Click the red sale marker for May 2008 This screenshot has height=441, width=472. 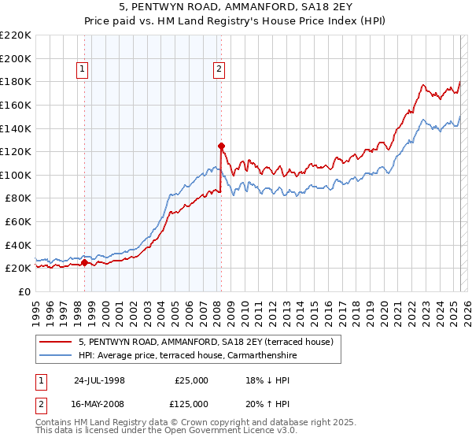(221, 145)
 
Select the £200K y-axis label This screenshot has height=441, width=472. (16, 58)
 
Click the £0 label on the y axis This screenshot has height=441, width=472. (24, 291)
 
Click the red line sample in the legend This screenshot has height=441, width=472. (56, 342)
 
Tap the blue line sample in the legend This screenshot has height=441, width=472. (56, 355)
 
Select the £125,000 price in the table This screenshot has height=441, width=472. (191, 404)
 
